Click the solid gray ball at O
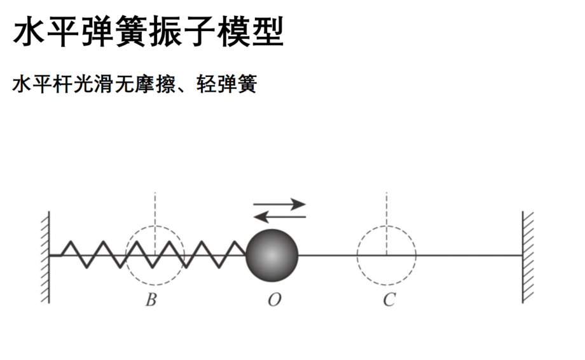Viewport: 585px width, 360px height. coord(272,255)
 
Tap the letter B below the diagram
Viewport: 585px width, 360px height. coord(151,300)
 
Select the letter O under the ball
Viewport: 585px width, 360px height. coord(274,300)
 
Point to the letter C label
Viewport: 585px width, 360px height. coord(389,300)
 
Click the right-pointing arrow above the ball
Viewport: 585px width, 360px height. coord(279,204)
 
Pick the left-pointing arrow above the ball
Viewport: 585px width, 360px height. coord(279,217)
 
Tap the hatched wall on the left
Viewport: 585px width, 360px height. coord(45,258)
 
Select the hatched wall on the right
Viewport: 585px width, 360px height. coord(528,258)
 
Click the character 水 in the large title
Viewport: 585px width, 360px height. coord(29,31)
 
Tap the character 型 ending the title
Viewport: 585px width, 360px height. coord(268,31)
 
